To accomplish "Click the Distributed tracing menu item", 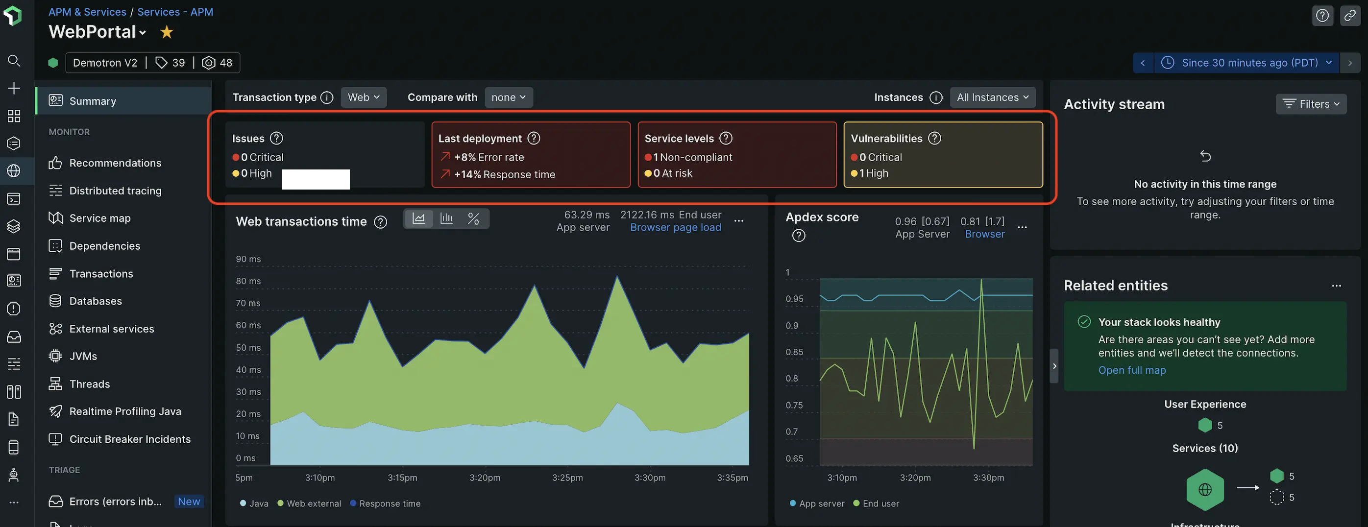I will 115,191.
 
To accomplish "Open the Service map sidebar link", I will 100,218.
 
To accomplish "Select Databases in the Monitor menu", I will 96,301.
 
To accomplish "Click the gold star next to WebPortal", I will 167,32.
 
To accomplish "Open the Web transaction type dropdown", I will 364,97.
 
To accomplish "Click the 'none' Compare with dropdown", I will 508,97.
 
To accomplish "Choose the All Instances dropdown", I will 992,97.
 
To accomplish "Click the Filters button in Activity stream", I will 1311,104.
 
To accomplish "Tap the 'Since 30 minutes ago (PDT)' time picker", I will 1249,63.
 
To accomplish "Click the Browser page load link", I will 676,228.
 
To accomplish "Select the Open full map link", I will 1132,370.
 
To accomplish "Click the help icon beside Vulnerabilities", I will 934,139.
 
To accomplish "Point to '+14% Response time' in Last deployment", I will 504,174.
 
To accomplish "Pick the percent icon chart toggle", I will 473,218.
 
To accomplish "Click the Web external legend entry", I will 313,503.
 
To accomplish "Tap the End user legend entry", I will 880,503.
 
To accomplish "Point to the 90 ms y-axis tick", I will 248,259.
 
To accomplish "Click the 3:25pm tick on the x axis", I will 567,478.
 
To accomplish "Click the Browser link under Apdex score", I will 984,234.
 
